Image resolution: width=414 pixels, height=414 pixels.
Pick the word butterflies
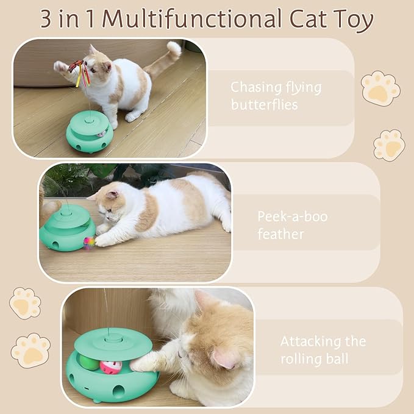(x=264, y=104)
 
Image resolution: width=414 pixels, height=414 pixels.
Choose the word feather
(x=280, y=234)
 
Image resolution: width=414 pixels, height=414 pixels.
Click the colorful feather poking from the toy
(x=89, y=242)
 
